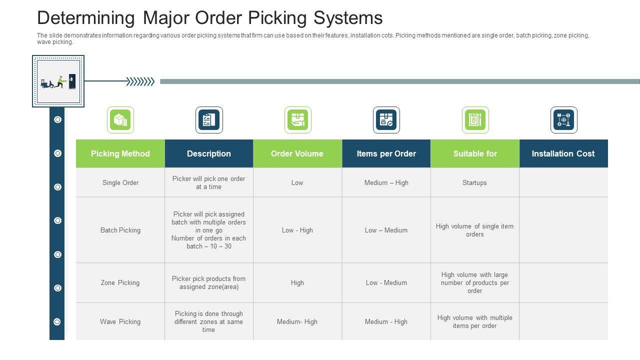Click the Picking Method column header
coord(120,153)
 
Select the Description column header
coord(208,153)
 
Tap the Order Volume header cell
coord(297,153)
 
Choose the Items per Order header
coord(386,153)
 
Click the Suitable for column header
coord(475,153)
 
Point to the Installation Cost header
coord(563,153)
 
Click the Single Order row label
coord(120,182)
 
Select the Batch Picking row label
coord(120,230)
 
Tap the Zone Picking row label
coord(120,282)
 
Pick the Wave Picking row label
coord(120,321)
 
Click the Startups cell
coord(474,182)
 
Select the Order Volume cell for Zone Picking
coord(297,282)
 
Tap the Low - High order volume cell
coord(297,230)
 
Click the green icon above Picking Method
coord(120,120)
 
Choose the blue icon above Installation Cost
coord(563,120)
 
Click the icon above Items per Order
coord(386,120)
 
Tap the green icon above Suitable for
coord(475,120)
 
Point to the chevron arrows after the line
coord(140,81)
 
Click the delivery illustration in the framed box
coord(58,81)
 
